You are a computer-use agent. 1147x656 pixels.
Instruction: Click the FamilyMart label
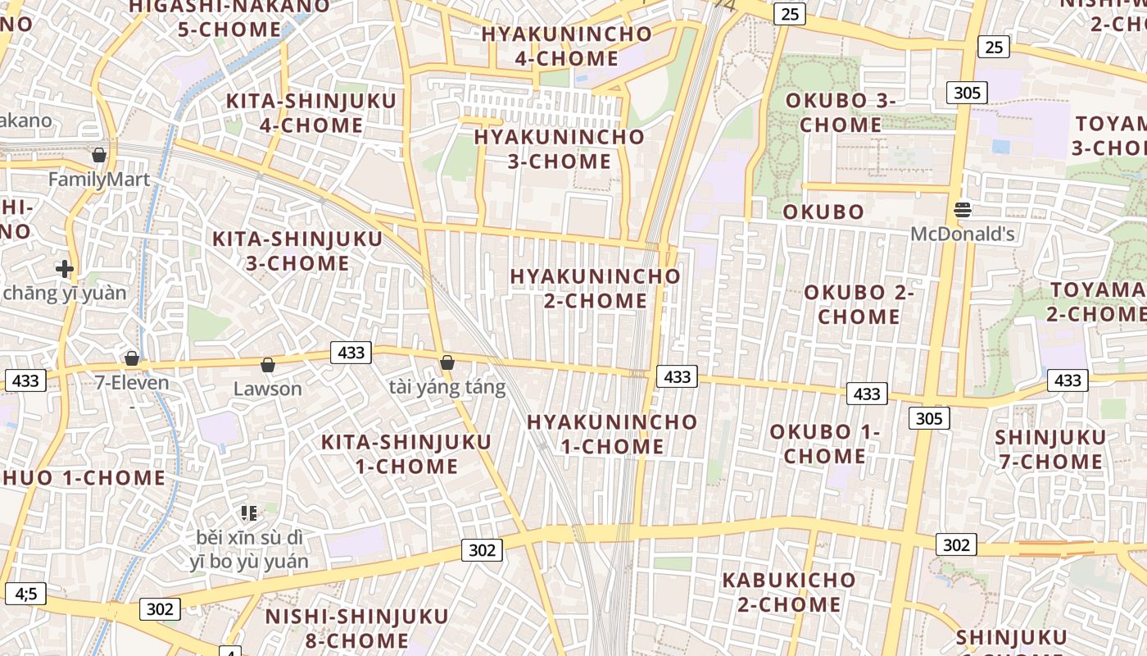99,180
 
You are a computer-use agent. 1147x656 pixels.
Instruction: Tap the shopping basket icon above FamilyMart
99,155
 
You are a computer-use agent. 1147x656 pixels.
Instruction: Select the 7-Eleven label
132,383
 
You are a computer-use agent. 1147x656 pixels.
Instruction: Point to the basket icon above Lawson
267,365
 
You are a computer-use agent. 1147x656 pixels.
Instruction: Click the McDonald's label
963,235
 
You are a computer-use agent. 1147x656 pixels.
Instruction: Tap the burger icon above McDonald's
963,210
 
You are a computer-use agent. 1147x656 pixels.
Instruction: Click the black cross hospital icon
65,268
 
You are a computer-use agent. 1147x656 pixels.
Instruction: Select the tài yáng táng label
447,388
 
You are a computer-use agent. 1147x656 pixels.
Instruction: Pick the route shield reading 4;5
26,593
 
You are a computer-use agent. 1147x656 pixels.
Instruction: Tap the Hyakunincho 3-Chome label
560,148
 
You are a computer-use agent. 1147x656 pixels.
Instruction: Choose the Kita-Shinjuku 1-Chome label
406,454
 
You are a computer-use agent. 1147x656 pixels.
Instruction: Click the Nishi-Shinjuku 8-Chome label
357,627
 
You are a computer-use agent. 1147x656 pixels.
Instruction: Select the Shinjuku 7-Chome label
1051,449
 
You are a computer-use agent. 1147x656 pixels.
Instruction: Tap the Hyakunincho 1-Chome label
612,435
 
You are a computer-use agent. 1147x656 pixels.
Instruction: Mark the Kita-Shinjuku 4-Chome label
311,113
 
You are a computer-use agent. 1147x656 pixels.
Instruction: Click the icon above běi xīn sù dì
249,514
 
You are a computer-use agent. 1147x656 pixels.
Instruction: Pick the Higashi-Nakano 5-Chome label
229,18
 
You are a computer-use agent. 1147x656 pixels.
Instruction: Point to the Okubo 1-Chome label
825,444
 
